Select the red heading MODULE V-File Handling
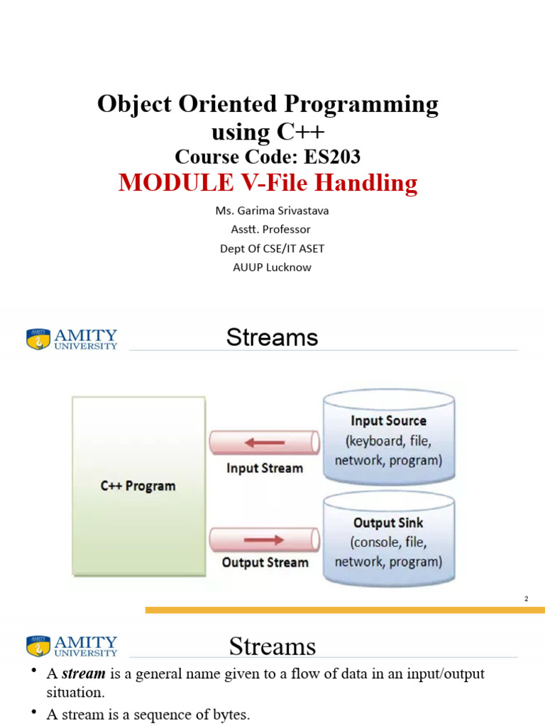(x=268, y=183)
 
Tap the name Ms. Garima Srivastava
(x=272, y=211)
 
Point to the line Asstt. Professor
(x=272, y=229)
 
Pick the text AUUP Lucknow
(x=272, y=267)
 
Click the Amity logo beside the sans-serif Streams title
(x=72, y=338)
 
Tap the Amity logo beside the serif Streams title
(x=72, y=646)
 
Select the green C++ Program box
(x=138, y=486)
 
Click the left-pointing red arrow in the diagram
(x=264, y=443)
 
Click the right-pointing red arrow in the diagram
(x=264, y=541)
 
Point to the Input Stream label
(x=264, y=468)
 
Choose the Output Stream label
(x=265, y=563)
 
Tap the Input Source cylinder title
(x=389, y=421)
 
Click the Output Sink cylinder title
(x=388, y=523)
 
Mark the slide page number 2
(x=527, y=599)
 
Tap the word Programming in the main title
(x=362, y=104)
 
